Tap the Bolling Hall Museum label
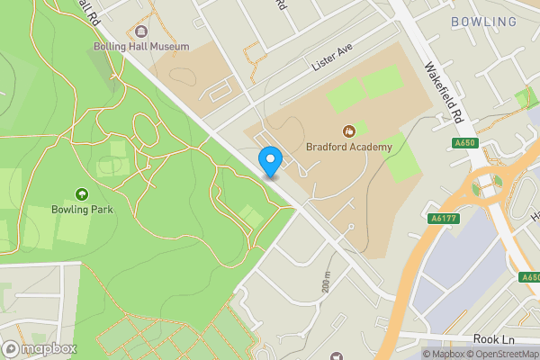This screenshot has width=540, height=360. pyautogui.click(x=141, y=46)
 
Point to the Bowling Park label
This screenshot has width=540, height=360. pyautogui.click(x=82, y=209)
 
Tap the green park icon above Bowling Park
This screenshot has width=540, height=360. pyautogui.click(x=82, y=193)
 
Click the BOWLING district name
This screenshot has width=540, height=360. pyautogui.click(x=484, y=22)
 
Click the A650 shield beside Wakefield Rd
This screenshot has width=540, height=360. pyautogui.click(x=464, y=142)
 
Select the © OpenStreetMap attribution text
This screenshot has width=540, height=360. pyautogui.click(x=501, y=354)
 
